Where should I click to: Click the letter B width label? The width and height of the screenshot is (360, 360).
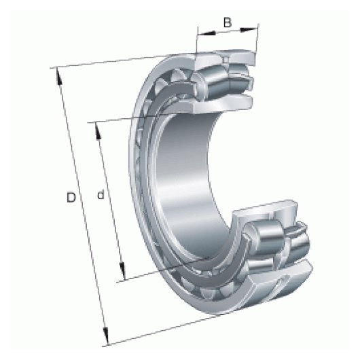228,22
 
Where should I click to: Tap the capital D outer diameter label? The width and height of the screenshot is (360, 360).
71,198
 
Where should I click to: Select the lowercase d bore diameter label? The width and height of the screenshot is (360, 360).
101,195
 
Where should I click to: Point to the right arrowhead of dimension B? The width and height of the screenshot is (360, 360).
248,29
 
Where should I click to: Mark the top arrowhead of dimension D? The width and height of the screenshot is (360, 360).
59,77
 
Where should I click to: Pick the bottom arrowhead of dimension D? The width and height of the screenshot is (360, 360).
105,336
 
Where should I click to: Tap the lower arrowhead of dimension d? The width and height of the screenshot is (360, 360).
122,272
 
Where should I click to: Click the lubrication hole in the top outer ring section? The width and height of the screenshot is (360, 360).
226,60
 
